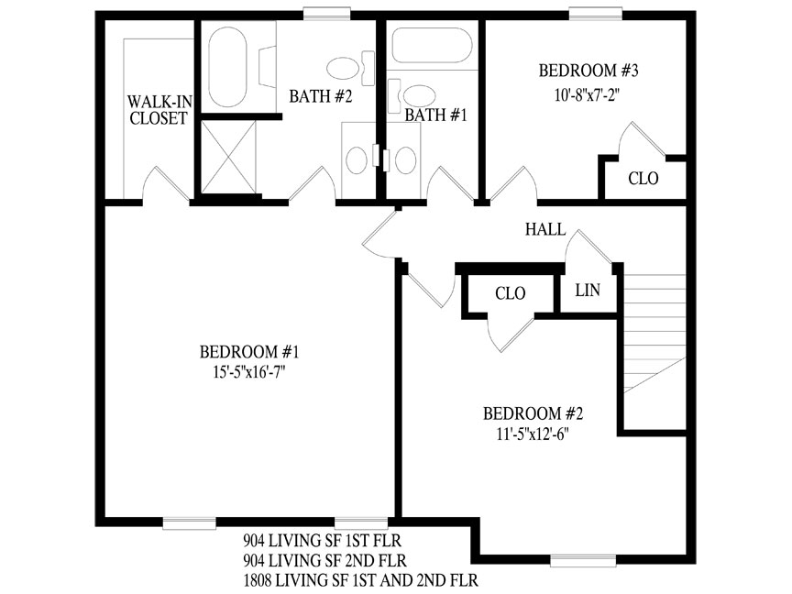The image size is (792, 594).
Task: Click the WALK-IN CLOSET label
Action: pyautogui.click(x=159, y=110)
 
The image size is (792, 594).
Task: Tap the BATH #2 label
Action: pyautogui.click(x=320, y=96)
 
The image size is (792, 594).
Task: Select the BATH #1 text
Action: pyautogui.click(x=435, y=115)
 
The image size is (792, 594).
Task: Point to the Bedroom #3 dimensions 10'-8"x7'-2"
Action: pyautogui.click(x=587, y=95)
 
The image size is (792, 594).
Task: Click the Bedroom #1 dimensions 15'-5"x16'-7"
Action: pyautogui.click(x=249, y=373)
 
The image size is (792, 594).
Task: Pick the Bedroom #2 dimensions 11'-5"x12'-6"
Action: pyautogui.click(x=533, y=434)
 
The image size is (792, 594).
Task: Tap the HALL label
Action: pyautogui.click(x=545, y=229)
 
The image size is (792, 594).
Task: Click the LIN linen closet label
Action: pyautogui.click(x=588, y=290)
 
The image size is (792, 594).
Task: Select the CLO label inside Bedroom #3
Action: pyautogui.click(x=643, y=179)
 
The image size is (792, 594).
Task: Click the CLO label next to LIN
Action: pyautogui.click(x=511, y=293)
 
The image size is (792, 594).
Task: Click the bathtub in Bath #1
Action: pyautogui.click(x=432, y=45)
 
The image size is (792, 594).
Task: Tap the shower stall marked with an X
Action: pyautogui.click(x=229, y=157)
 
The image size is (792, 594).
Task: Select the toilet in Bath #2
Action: pyautogui.click(x=350, y=68)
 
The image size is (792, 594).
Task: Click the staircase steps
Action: pyautogui.click(x=654, y=333)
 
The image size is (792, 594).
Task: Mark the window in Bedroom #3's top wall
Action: pyautogui.click(x=596, y=14)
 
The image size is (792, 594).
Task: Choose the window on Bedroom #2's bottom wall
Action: pyautogui.click(x=583, y=561)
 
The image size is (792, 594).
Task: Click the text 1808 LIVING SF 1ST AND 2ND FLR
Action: pyautogui.click(x=360, y=579)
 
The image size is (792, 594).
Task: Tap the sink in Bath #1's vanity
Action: pyautogui.click(x=405, y=159)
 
